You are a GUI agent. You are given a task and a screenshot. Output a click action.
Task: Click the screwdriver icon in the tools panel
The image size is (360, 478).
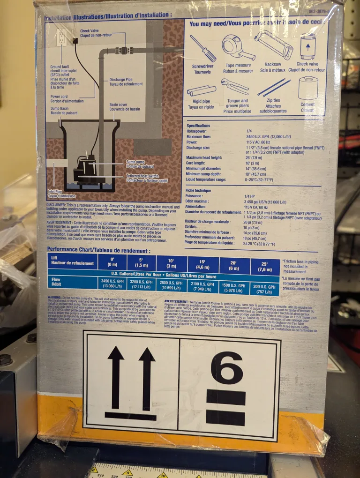point(203,48)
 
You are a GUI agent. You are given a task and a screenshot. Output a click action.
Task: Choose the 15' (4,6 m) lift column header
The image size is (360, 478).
point(202,264)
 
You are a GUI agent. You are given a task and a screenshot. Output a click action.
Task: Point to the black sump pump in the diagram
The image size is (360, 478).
point(85,169)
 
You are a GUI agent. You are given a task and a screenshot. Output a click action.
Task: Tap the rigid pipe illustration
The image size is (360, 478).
point(201,90)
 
